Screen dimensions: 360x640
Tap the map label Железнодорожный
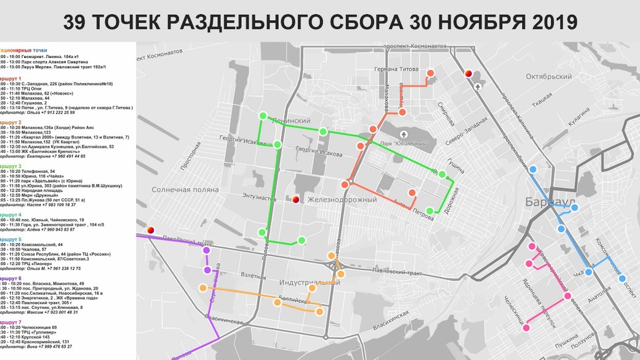[342, 199]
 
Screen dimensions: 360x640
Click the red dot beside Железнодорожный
[295, 199]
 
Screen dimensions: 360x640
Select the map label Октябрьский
[550, 77]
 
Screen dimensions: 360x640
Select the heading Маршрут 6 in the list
[11, 278]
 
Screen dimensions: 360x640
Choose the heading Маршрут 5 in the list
[11, 239]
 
